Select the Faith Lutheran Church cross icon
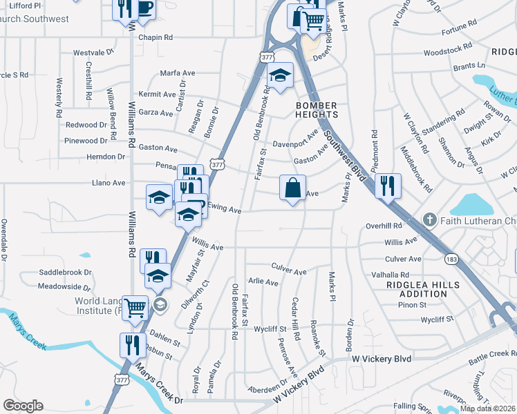(429, 220)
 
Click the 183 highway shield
(451, 259)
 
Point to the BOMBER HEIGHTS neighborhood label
(317, 110)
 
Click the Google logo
(23, 406)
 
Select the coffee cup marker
(144, 8)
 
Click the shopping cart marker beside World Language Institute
(135, 307)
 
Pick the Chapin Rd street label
(155, 37)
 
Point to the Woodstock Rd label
(448, 52)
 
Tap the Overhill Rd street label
(384, 226)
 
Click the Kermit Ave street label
(157, 94)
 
